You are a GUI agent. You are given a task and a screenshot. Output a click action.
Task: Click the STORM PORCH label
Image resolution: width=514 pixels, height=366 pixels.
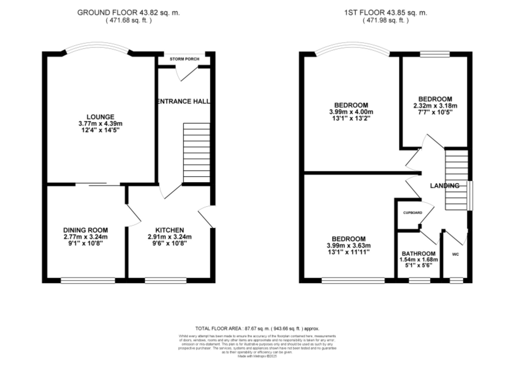pyautogui.click(x=184, y=59)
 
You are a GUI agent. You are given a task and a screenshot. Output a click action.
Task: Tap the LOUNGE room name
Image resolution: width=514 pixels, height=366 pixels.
pyautogui.click(x=100, y=117)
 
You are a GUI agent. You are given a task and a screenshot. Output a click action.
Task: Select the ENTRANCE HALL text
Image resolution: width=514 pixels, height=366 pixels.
pyautogui.click(x=183, y=101)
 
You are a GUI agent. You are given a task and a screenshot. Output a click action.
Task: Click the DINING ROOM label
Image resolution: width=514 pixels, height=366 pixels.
pyautogui.click(x=86, y=230)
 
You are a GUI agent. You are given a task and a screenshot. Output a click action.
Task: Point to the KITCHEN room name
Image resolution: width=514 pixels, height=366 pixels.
pyautogui.click(x=170, y=230)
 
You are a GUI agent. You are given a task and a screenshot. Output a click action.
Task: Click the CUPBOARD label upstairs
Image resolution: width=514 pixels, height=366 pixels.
pyautogui.click(x=412, y=213)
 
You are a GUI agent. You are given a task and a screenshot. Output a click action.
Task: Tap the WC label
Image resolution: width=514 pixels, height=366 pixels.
pyautogui.click(x=455, y=254)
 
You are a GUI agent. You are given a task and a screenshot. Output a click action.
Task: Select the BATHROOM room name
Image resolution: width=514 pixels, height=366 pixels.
pyautogui.click(x=419, y=254)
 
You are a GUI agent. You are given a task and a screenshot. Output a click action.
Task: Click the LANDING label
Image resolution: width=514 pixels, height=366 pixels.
pyautogui.click(x=445, y=186)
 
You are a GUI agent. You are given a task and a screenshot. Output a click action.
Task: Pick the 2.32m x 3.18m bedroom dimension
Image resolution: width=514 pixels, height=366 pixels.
pyautogui.click(x=435, y=106)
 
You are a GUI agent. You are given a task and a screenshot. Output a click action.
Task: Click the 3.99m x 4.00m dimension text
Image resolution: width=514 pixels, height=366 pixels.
pyautogui.click(x=351, y=112)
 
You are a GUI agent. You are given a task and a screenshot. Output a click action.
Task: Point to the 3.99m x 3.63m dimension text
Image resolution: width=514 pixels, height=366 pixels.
pyautogui.click(x=348, y=246)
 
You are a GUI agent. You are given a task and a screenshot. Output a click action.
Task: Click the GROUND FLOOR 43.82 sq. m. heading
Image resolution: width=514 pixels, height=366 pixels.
pyautogui.click(x=128, y=13)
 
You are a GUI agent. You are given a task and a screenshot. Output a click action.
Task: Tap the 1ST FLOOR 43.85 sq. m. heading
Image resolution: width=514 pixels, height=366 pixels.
pyautogui.click(x=385, y=13)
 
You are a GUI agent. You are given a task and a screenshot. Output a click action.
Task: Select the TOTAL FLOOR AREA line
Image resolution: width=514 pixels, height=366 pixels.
pyautogui.click(x=257, y=328)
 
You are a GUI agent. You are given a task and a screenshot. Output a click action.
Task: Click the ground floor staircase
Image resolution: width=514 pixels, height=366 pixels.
pyautogui.click(x=197, y=153)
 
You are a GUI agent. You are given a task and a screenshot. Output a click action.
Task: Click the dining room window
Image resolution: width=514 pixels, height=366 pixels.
pyautogui.click(x=88, y=281)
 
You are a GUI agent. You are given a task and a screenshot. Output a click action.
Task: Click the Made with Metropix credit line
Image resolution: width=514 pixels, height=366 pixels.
pyautogui.click(x=257, y=356)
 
